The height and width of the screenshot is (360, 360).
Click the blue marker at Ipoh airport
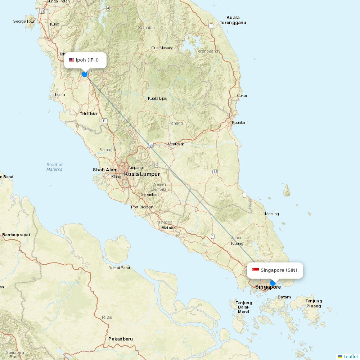pos(85,74)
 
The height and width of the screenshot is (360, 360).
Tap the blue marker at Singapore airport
pos(273,283)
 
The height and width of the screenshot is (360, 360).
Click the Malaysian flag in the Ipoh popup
pos(72,60)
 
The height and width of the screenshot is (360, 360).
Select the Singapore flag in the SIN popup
pos(255,270)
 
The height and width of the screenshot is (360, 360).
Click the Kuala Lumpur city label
pos(142,174)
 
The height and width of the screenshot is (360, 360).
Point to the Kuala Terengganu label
pos(233,20)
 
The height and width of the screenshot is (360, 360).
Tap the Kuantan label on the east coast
pos(239,122)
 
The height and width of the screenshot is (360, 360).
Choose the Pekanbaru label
pos(121,339)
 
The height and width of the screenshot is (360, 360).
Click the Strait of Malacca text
pos(54,167)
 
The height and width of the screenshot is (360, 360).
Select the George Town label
pos(24,21)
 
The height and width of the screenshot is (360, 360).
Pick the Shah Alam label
pos(105,170)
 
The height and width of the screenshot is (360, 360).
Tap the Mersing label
pos(272,214)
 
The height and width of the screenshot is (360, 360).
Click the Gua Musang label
pos(162,48)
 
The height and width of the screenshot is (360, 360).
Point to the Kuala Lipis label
pos(157,98)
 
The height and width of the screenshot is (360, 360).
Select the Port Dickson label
pos(142,207)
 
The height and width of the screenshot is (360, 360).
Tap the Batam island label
pos(284,297)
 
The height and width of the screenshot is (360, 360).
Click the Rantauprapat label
pos(16,235)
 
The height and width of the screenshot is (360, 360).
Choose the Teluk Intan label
pos(89,114)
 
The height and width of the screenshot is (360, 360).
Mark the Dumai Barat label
pos(119,268)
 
